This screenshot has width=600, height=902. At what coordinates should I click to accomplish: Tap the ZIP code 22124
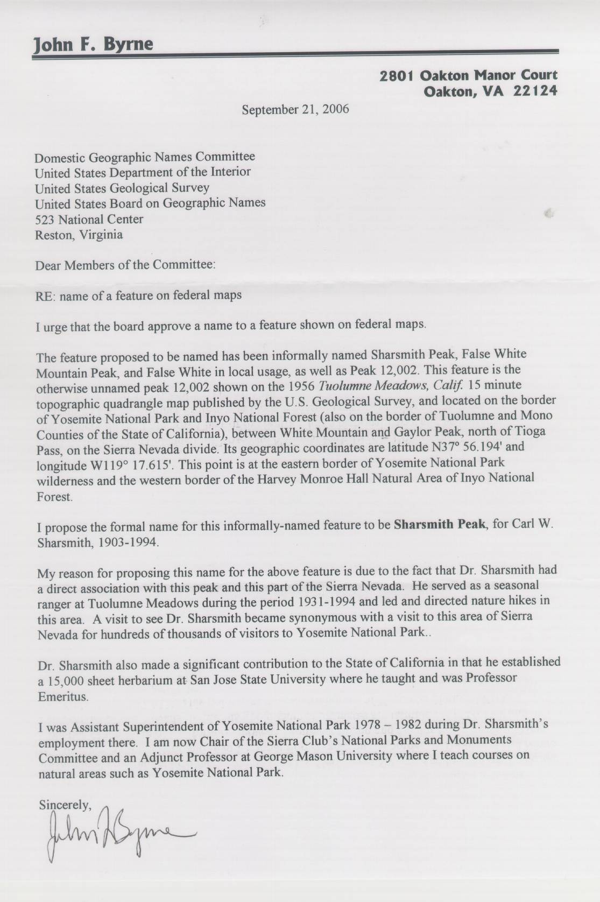[535, 91]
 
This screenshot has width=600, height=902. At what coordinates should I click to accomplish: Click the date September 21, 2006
[295, 110]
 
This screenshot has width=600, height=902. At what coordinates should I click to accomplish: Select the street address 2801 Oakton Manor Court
[469, 75]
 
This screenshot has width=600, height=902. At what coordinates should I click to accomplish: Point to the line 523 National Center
[89, 220]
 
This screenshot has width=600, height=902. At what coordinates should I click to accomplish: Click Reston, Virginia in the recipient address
[79, 235]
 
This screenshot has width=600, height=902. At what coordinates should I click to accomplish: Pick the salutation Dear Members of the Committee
[125, 265]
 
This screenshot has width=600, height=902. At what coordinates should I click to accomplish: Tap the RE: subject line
[138, 295]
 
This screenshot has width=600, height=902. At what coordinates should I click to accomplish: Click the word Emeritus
[62, 696]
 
